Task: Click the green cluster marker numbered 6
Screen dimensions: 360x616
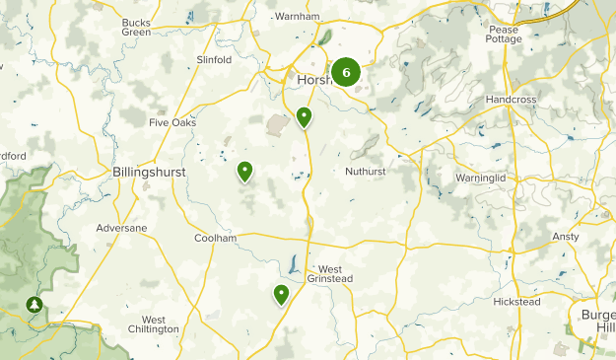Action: [346, 72]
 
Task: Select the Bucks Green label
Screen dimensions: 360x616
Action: [136, 27]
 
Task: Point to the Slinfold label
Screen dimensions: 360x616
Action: [214, 59]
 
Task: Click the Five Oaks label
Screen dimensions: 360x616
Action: [172, 123]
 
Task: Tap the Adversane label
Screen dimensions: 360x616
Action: [121, 228]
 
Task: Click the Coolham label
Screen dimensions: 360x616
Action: [216, 238]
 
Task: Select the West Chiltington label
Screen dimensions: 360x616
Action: [153, 324]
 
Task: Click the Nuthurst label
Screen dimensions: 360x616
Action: [366, 172]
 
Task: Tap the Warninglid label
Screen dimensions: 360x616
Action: [480, 178]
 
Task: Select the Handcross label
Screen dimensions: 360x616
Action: [512, 101]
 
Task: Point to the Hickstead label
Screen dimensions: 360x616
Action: [516, 302]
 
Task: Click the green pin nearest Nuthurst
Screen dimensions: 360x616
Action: [305, 118]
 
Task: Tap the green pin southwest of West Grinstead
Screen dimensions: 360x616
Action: [282, 293]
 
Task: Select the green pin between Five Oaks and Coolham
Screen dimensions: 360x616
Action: [244, 172]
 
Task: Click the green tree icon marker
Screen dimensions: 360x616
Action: [35, 305]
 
